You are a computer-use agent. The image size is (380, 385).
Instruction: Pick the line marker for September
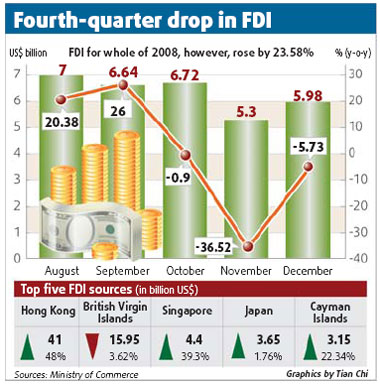pyautogui.click(x=124, y=85)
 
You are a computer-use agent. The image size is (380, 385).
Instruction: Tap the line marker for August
pyautogui.click(x=62, y=99)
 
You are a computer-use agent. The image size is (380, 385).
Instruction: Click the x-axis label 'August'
pyautogui.click(x=62, y=271)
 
